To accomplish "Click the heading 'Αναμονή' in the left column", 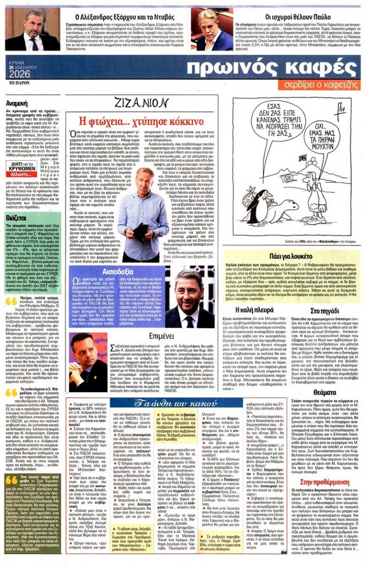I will [x=16, y=104].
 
